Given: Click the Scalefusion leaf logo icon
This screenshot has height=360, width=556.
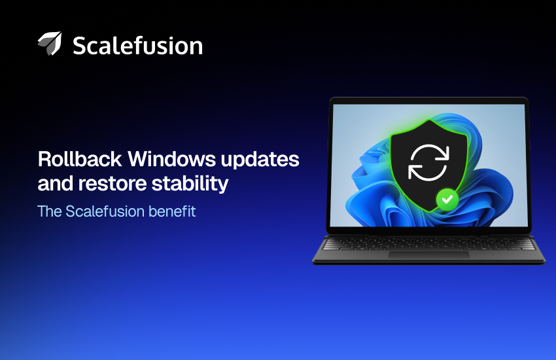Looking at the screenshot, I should coord(49,44).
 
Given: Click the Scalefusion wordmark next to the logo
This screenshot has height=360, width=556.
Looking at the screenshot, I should coord(137,45).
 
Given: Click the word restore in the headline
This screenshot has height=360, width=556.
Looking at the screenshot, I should coord(115,184).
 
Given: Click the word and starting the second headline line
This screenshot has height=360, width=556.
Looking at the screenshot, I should coord(55,184).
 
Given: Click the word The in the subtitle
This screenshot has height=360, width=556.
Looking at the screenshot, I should coord(50,212).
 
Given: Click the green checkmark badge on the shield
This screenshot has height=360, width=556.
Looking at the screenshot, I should coord(447,198).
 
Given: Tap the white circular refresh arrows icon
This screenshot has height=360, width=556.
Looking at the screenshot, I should coord(428,162).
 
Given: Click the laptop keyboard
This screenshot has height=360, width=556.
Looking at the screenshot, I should coord(428,243).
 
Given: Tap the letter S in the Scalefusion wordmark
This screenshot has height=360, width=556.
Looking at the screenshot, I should coord(80,45).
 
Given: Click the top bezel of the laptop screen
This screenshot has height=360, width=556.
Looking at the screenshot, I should coord(428,101).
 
